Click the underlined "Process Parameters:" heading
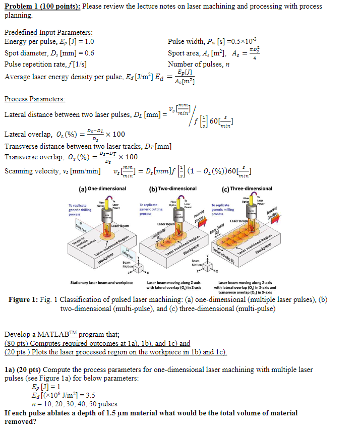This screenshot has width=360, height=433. [34, 99]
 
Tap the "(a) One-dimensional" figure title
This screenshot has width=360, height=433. [100, 189]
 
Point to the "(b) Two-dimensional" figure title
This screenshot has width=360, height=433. [173, 189]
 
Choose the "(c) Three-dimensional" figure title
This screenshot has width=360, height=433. [247, 189]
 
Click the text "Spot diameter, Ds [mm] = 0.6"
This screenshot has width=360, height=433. [49, 53]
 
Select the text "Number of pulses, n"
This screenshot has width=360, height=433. [199, 64]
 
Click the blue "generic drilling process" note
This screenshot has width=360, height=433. [80, 210]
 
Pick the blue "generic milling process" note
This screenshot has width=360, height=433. [223, 210]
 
